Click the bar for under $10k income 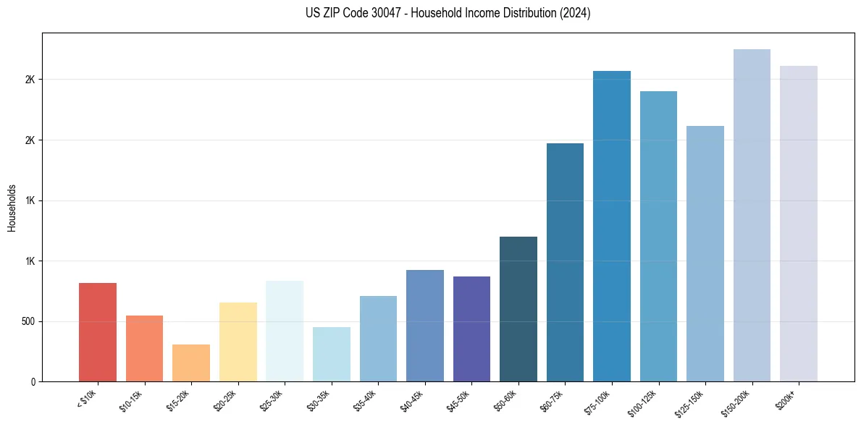(98, 332)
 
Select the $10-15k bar (144, 348)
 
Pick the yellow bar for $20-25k (238, 342)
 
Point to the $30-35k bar (331, 354)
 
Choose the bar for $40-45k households (424, 326)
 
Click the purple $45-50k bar (471, 329)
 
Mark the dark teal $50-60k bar (518, 309)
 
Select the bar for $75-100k (612, 226)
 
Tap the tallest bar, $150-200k (752, 215)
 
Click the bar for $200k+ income (799, 224)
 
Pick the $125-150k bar (705, 253)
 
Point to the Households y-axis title (12, 207)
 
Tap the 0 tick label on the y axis (33, 381)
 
